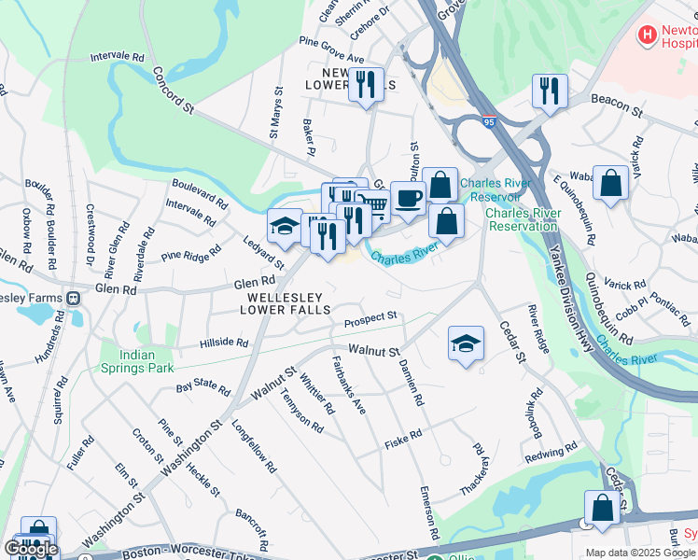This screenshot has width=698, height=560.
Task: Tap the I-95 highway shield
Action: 489,121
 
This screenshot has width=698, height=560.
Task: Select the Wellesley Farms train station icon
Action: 73,298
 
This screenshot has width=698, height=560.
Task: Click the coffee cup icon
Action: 408,197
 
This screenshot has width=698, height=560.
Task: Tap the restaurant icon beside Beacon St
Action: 548,91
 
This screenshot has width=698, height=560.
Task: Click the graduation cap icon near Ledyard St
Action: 285,224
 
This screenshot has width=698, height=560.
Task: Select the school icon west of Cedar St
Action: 466,343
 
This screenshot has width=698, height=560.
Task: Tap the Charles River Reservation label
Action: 523,219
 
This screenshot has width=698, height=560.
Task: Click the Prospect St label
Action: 370,319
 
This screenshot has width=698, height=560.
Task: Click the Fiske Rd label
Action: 403,438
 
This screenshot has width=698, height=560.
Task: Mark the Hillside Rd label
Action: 224,343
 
